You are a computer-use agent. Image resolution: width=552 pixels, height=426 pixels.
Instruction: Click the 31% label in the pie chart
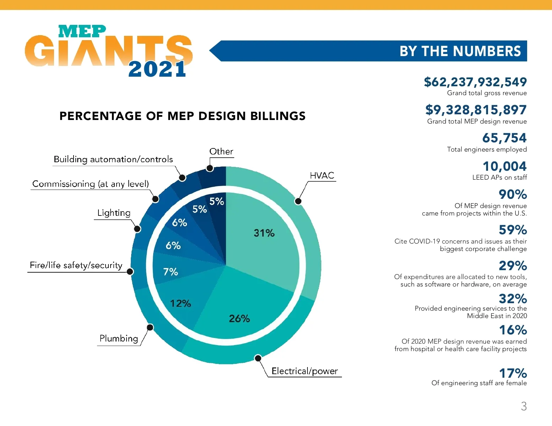click(264, 233)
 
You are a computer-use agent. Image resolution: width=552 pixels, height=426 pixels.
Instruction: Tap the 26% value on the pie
click(239, 318)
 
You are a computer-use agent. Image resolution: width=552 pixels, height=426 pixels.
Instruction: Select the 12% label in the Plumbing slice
click(180, 304)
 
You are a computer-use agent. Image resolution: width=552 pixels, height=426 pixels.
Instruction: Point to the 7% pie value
click(170, 272)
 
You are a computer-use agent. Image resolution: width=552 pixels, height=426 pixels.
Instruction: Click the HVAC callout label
click(322, 175)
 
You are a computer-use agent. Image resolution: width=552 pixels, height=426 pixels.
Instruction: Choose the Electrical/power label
click(305, 371)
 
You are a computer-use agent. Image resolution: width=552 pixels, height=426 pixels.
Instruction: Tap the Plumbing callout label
click(119, 338)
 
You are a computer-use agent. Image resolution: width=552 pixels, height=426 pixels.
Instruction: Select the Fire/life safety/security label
click(76, 265)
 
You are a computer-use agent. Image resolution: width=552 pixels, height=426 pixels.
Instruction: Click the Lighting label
click(114, 213)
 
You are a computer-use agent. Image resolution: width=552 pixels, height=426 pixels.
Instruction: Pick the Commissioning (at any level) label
click(91, 184)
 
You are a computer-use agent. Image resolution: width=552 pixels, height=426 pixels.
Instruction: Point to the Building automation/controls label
click(113, 159)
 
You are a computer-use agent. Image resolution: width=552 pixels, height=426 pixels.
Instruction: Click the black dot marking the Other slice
click(210, 168)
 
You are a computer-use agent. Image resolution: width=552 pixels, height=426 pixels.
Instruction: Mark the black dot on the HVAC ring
click(298, 201)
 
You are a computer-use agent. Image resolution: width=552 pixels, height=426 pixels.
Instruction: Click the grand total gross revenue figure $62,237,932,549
click(475, 82)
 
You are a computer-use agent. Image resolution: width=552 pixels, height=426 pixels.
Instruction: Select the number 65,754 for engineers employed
click(504, 138)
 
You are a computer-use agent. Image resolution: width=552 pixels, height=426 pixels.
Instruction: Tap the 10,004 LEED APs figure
click(504, 166)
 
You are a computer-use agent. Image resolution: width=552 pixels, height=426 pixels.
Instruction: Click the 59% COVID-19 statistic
click(513, 230)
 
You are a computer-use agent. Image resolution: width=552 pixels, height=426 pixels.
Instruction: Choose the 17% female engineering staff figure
click(513, 373)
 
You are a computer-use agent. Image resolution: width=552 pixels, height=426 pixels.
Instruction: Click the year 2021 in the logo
click(157, 69)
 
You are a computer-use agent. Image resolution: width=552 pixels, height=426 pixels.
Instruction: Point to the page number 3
click(524, 406)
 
